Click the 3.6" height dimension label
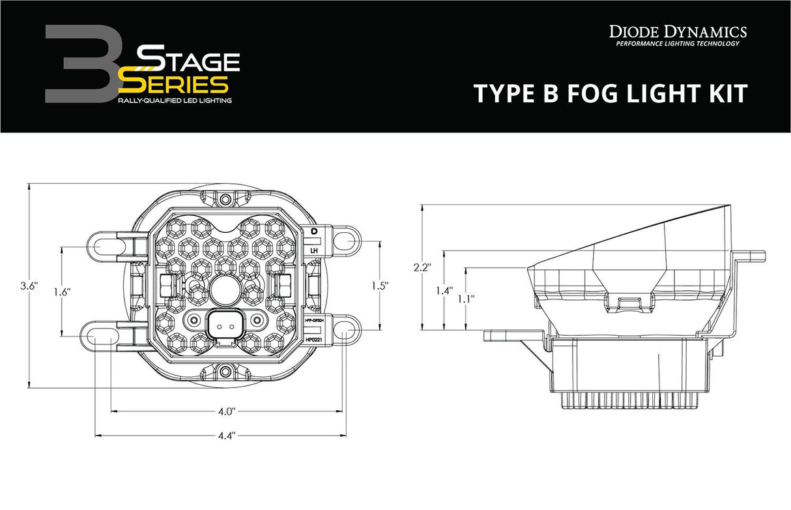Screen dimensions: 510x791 pyautogui.click(x=29, y=286)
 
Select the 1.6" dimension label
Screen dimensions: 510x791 pyautogui.click(x=62, y=292)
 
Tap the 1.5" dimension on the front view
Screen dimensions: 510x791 pyautogui.click(x=379, y=285)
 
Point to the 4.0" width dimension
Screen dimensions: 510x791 pyautogui.click(x=226, y=412)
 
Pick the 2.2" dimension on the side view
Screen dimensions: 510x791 pyautogui.click(x=422, y=267)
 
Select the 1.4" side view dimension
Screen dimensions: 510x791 pyautogui.click(x=444, y=291)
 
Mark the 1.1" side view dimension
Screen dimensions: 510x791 pyautogui.click(x=466, y=298)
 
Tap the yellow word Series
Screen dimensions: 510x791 pyautogui.click(x=175, y=83)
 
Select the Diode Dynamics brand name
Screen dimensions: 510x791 pyautogui.click(x=678, y=31)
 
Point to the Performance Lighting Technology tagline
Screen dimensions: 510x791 pyautogui.click(x=678, y=44)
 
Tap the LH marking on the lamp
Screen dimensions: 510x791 pyautogui.click(x=313, y=250)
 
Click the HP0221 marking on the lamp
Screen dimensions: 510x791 pyautogui.click(x=313, y=340)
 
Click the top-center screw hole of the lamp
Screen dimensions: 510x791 pyautogui.click(x=225, y=199)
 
